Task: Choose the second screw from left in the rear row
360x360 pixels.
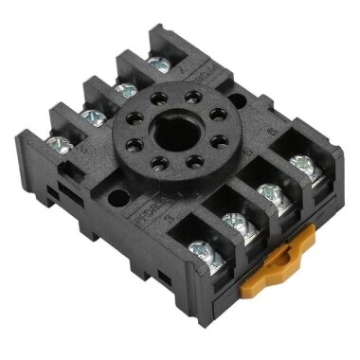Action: pos(91,117)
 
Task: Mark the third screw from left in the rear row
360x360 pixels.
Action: pos(123,90)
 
